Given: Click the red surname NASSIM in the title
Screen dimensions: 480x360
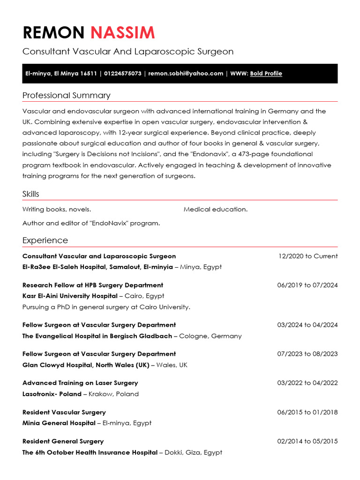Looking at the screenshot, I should [122, 33].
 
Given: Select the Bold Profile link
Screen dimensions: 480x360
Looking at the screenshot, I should [266, 74].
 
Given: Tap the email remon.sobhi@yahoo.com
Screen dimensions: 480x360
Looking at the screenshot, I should [186, 74].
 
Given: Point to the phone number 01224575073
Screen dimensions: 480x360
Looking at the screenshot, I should [122, 74].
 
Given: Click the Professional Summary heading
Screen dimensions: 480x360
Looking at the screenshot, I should [66, 96].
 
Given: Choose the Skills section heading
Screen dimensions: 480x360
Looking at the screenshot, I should [31, 194].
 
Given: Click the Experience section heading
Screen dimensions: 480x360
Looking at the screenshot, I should [45, 240].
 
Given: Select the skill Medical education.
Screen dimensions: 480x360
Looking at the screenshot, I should [216, 210].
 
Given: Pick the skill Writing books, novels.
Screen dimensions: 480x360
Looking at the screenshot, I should [57, 210].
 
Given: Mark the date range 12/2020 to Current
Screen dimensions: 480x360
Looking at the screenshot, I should [307, 256].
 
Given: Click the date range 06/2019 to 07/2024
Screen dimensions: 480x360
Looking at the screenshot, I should [307, 285].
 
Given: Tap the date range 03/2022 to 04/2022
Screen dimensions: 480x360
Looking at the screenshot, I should [307, 383].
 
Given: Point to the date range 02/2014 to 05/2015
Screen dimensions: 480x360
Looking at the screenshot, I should [307, 442].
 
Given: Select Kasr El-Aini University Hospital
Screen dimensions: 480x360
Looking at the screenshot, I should [70, 296].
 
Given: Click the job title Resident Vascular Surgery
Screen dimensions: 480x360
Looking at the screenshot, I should [64, 412].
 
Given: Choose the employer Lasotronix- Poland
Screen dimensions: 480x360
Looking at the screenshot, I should [52, 394].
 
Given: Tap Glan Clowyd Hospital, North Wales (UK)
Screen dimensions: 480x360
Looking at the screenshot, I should [86, 365].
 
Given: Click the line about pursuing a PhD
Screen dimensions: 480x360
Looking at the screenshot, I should [106, 307].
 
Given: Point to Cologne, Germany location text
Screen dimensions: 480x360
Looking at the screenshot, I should [210, 336].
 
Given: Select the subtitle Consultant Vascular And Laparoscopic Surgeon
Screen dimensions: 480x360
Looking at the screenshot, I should [128, 52].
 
